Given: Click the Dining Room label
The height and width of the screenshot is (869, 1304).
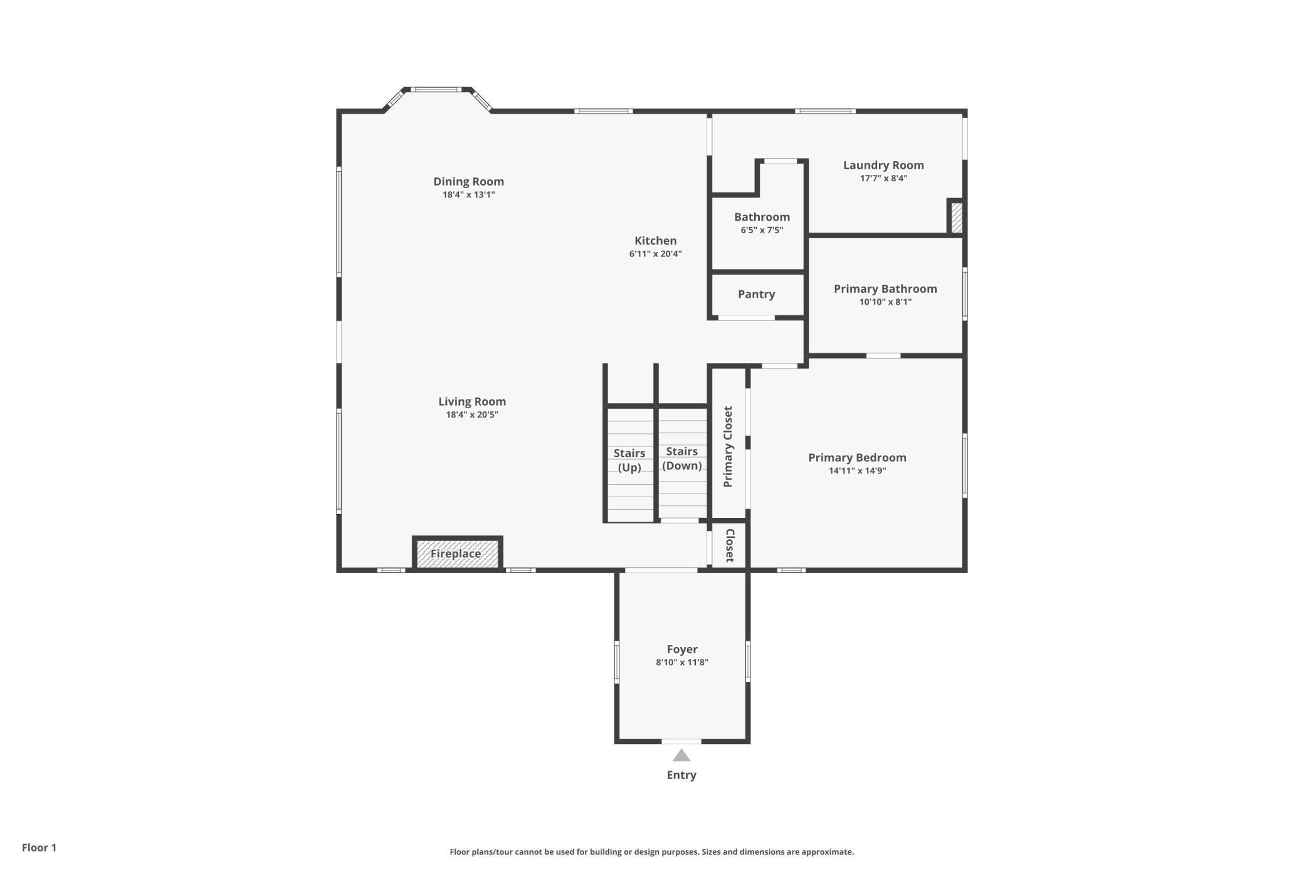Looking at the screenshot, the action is coord(468,181).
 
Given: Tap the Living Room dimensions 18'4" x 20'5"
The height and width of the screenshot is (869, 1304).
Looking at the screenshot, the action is coord(472,414).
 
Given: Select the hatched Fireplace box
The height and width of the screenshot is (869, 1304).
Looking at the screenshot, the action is coord(457,553).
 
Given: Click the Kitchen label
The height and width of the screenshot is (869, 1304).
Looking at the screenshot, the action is coord(655,241).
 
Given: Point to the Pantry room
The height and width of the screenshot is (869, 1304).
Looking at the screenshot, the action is coord(757,295).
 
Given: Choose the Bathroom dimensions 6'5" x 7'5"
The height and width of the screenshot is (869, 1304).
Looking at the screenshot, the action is coord(762,230).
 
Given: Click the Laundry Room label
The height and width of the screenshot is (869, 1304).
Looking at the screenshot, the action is coord(883,165).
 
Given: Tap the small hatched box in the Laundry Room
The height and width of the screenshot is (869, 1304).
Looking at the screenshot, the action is coord(956,217).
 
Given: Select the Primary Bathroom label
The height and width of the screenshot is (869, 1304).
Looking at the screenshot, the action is coord(885,288).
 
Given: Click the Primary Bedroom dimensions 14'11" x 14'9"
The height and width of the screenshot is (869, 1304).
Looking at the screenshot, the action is coord(857,471).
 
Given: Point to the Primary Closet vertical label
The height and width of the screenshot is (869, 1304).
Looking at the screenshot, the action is coord(728,446).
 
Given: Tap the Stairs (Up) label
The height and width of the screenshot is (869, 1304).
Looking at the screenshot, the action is coord(629,460).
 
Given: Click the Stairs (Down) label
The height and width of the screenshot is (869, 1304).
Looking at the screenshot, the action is coord(682,458).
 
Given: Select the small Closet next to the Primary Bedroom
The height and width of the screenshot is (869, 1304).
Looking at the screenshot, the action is coord(729,545).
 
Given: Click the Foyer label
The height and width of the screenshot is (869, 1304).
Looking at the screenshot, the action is coord(682,649).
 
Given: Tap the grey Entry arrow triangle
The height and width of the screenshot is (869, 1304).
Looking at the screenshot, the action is coord(681,756).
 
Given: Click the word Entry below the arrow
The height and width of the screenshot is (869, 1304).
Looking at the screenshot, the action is coord(681,775).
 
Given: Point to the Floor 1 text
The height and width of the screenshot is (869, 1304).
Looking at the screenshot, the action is coord(39,848).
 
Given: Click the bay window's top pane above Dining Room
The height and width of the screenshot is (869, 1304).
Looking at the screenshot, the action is coord(436,90).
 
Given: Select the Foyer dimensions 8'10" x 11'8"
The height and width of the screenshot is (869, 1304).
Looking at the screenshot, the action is coord(682,662).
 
